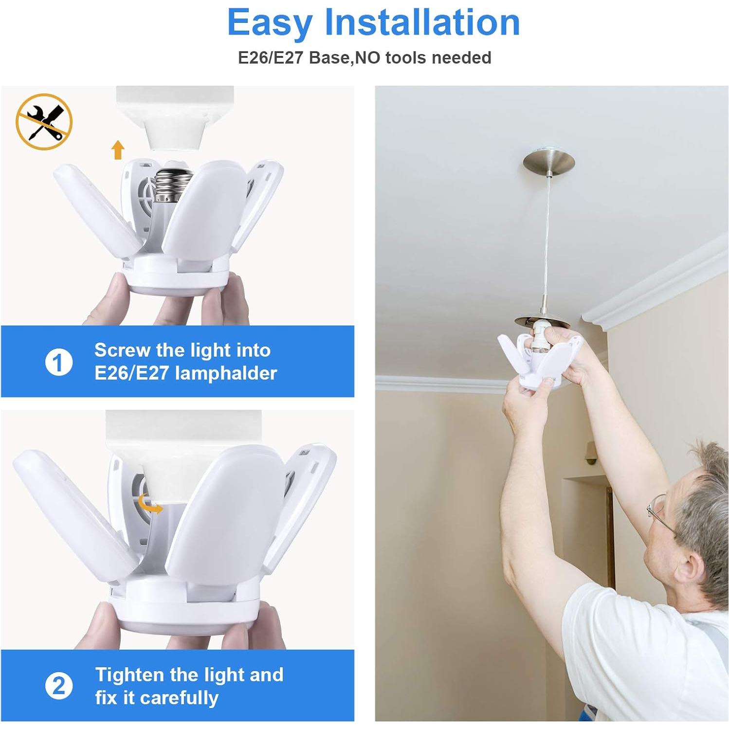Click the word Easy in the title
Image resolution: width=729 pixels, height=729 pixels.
coord(269,23)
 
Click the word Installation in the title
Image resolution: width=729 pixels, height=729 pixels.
coord(422,23)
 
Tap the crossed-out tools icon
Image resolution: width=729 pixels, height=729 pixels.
coord(44,121)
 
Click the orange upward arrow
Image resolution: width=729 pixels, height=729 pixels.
coord(118,149)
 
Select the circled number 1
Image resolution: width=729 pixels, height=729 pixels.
coord(58,362)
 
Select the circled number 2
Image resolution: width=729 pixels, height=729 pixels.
coord(58,686)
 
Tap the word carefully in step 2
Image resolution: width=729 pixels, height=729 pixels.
coord(170,698)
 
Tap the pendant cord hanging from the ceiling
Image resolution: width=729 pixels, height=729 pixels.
coord(547,243)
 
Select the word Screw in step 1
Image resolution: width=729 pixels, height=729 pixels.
coord(122,350)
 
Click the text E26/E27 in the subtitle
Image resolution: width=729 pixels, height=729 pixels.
coord(271,58)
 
